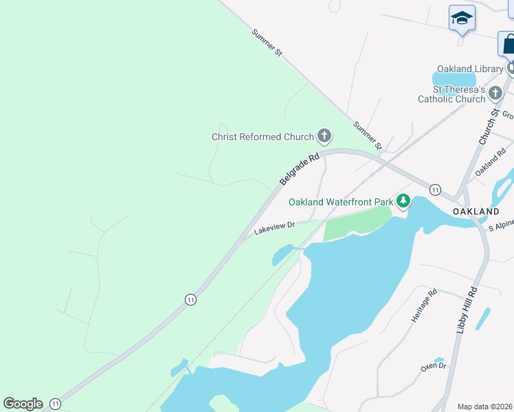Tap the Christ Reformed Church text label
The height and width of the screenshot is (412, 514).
coord(262,137)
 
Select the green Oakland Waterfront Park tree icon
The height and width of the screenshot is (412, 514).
coord(403,201)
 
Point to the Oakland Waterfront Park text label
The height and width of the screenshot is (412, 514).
coord(340,202)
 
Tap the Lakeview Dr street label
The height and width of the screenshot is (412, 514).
coord(274,227)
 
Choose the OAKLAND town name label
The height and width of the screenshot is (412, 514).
coord(476,211)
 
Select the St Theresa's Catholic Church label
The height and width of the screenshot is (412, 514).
coord(458,94)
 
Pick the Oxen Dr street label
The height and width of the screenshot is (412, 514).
coord(434,367)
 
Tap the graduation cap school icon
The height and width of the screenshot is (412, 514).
coord(462,19)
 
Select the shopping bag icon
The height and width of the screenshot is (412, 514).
coord(508,44)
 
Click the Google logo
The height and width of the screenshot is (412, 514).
coord(23,404)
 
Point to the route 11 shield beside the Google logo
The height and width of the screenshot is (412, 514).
coord(55,404)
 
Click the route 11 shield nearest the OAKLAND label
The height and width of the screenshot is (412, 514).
coord(435,189)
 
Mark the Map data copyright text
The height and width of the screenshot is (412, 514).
coord(485,407)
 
